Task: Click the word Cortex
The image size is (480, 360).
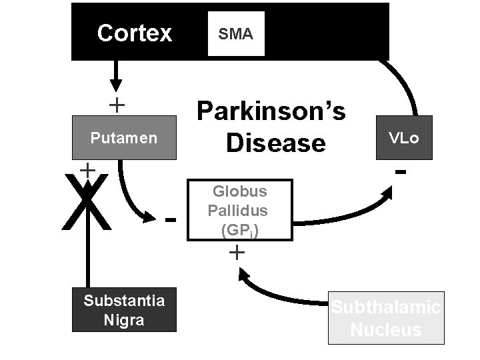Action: coord(134,33)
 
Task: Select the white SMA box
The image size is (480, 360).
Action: coord(236,34)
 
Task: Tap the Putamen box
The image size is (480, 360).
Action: coord(124,138)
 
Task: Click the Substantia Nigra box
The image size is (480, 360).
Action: coord(124,310)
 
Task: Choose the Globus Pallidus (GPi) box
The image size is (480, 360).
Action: coord(240,209)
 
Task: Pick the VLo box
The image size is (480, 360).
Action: coord(404,138)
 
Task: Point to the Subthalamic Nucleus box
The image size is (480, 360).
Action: coord(386,318)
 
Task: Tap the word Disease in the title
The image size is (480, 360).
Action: coord(275,142)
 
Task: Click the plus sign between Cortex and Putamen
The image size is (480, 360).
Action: coord(117,105)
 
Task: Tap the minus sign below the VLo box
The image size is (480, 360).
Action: coord(401,172)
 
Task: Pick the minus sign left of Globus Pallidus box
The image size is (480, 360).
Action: coord(171,219)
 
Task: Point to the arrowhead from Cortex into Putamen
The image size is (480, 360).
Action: coord(116,85)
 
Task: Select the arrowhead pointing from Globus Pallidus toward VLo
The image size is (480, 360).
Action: coord(387,195)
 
